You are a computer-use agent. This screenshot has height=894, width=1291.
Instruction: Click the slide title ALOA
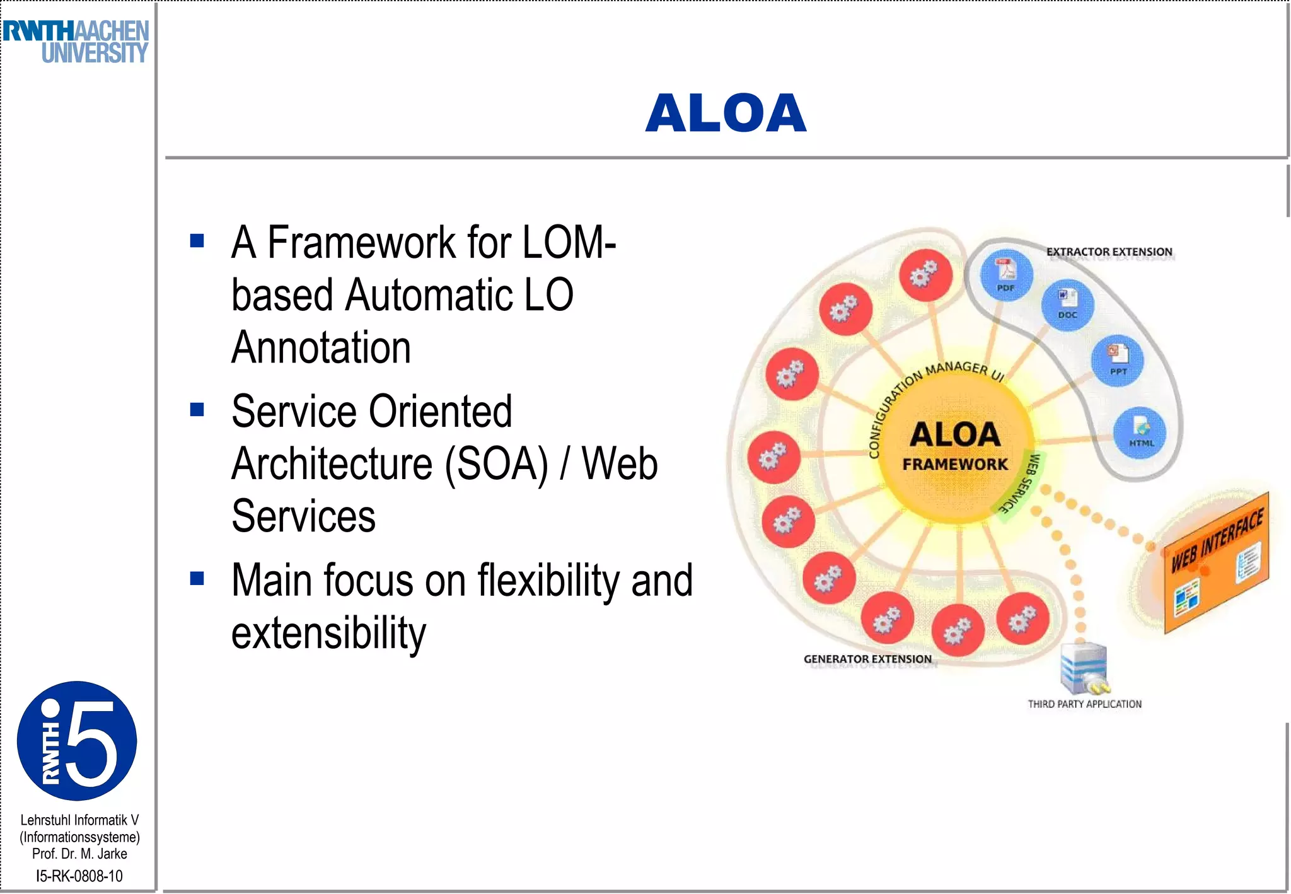pyautogui.click(x=726, y=113)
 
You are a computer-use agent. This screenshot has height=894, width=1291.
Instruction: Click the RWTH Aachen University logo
pyautogui.click(x=76, y=42)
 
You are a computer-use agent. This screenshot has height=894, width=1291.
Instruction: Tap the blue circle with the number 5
pyautogui.click(x=77, y=741)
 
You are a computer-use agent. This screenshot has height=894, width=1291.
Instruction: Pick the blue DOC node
pyautogui.click(x=1067, y=305)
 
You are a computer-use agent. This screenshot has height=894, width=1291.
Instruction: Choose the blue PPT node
pyautogui.click(x=1118, y=360)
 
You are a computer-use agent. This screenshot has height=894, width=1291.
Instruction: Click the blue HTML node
pyautogui.click(x=1140, y=432)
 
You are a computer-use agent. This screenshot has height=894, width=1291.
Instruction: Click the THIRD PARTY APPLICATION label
pyautogui.click(x=1084, y=704)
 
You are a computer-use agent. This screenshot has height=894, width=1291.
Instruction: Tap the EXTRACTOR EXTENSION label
pyautogui.click(x=1109, y=252)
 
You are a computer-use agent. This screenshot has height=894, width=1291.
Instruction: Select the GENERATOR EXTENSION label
pyautogui.click(x=867, y=659)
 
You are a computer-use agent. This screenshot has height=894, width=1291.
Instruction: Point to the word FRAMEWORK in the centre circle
pyautogui.click(x=954, y=465)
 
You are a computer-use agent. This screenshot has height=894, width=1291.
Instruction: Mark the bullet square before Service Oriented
pyautogui.click(x=197, y=410)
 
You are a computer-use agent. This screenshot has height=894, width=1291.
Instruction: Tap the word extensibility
pyautogui.click(x=328, y=633)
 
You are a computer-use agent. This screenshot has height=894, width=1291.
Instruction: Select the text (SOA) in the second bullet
pyautogui.click(x=496, y=464)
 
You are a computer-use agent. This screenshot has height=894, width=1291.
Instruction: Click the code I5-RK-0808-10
pyautogui.click(x=79, y=876)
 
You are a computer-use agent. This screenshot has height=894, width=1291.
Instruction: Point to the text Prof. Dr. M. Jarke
pyautogui.click(x=79, y=854)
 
